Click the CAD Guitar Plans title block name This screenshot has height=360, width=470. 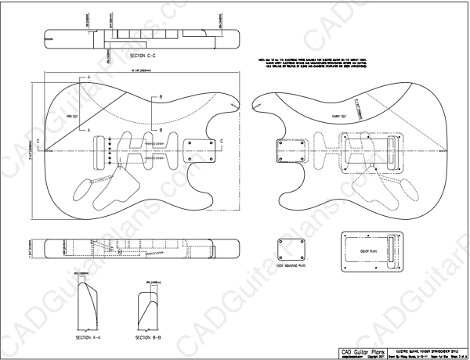point(362,350)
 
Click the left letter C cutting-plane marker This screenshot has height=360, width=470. point(37,142)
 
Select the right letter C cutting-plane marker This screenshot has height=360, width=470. point(222,141)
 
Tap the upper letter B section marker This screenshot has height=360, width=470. point(161,96)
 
